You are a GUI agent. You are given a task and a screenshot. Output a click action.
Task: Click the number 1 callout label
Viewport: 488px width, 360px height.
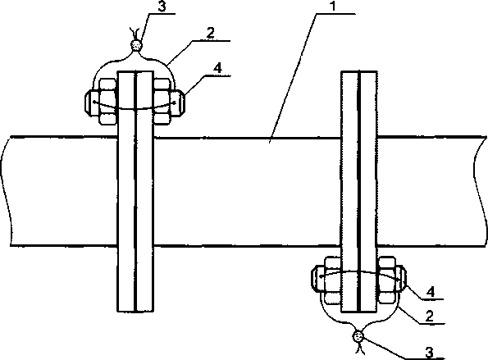[333, 7]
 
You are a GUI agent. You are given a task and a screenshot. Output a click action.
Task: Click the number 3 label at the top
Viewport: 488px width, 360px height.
[162, 7]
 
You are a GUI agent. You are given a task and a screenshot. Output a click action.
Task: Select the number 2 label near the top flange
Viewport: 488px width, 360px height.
[211, 33]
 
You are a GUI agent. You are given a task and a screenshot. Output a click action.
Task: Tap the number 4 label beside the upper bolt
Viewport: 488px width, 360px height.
[218, 68]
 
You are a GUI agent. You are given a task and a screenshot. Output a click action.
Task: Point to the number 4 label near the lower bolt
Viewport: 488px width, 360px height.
[431, 292]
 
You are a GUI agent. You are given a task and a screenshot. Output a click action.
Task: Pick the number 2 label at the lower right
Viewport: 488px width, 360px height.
[429, 317]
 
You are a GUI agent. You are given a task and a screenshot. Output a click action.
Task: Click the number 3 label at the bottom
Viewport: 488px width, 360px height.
[429, 353]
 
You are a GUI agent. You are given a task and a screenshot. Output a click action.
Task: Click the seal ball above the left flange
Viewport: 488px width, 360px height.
[136, 45]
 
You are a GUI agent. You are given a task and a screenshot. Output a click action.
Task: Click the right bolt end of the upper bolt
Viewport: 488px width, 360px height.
[178, 103]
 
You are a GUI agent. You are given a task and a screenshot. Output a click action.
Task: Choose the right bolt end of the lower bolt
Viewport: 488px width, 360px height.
[401, 279]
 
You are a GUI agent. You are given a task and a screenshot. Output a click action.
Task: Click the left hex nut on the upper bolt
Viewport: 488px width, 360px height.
[108, 102]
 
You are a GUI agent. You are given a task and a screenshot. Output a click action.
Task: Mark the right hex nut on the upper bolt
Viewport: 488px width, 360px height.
[162, 102]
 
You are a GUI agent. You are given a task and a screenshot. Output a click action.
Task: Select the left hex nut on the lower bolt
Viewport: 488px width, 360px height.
[333, 280]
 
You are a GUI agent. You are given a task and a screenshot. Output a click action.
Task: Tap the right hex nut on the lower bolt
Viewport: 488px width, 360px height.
[387, 280]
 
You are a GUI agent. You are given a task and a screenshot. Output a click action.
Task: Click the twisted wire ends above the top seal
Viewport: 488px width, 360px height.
[135, 33]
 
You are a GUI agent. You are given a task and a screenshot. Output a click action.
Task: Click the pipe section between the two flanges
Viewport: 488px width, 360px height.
[248, 192]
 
